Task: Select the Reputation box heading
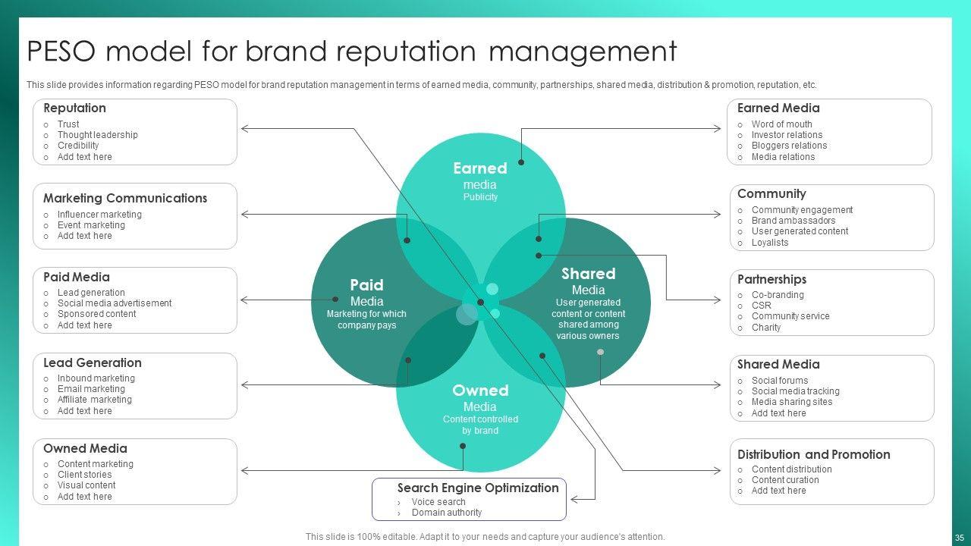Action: coord(74,108)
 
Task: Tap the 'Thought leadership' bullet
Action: coord(97,135)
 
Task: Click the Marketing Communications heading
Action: coord(124,199)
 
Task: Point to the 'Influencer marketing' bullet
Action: coord(99,215)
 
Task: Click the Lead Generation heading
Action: coord(92,363)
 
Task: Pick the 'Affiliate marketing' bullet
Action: coord(94,400)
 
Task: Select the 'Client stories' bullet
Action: coord(84,475)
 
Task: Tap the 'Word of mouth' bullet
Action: coord(781,124)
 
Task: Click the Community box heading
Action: coord(771,194)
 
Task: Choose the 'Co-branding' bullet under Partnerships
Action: coord(778,295)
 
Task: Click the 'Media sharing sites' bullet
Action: coord(791,402)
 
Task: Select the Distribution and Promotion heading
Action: coord(813,455)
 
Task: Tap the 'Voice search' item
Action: coord(438,502)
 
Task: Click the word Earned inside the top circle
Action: coord(480,168)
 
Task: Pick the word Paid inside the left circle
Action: coord(366,285)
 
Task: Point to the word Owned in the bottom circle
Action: coord(480,391)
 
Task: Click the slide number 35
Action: coord(960,537)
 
